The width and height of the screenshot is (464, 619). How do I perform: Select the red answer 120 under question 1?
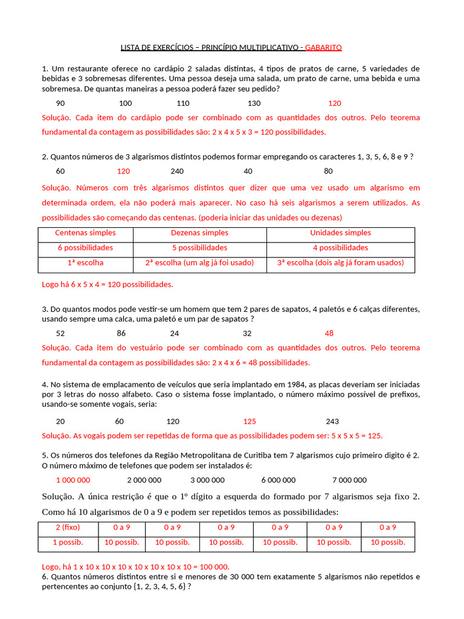tap(335, 103)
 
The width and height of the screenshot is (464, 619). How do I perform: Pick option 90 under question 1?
tap(60, 103)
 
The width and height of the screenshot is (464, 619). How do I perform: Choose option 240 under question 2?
tap(177, 171)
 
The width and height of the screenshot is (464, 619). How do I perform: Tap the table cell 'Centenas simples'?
tap(85, 233)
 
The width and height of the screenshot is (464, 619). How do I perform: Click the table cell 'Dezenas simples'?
tap(199, 233)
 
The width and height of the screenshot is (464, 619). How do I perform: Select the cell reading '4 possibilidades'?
tap(340, 248)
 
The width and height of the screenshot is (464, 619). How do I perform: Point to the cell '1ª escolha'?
tap(85, 263)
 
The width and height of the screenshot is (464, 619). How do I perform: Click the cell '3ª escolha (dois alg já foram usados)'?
tap(340, 263)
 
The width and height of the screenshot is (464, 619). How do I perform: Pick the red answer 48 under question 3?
tap(329, 333)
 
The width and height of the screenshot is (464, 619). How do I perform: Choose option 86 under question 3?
tap(121, 333)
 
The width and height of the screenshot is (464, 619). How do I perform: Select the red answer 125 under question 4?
tap(250, 421)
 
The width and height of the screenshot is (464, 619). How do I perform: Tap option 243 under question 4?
tap(332, 421)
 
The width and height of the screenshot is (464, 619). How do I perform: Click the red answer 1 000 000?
tap(73, 480)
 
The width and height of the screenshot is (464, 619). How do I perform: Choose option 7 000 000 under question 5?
tap(349, 480)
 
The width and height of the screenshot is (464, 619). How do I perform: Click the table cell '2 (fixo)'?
tap(68, 527)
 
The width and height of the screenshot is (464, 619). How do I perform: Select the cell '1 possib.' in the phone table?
tap(68, 542)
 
